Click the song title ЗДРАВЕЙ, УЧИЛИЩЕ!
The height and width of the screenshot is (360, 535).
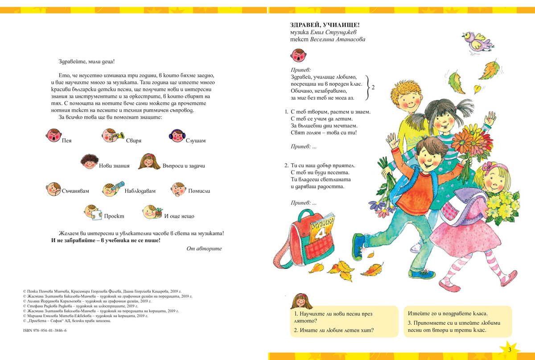(318, 25)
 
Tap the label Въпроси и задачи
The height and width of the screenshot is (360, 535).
(184, 166)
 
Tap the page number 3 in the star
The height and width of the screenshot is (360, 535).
(509, 349)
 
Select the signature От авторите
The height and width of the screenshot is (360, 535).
(204, 248)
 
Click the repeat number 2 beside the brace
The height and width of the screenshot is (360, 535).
(373, 87)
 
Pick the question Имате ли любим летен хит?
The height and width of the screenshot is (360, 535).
(333, 331)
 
